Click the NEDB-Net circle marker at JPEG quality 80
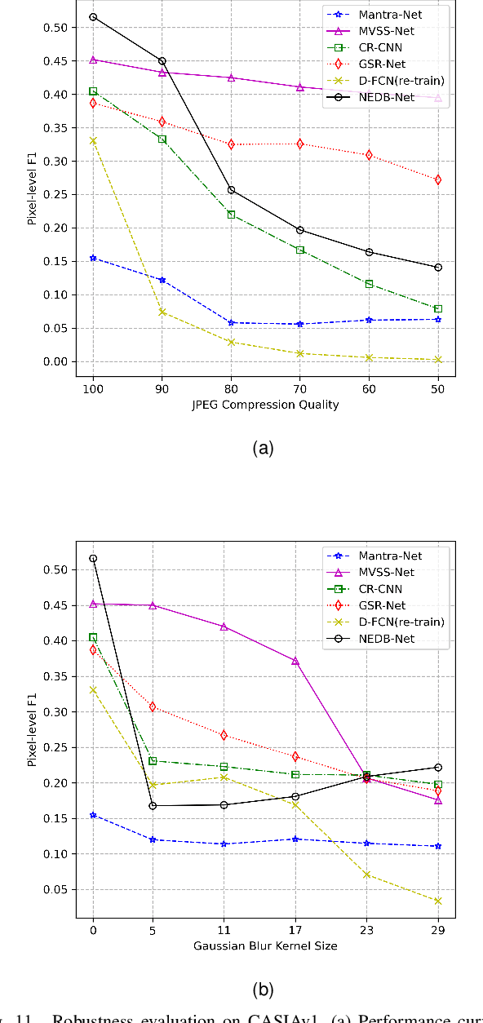tap(231, 190)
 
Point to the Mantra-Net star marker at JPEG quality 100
tap(93, 258)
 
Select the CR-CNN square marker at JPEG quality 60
tap(369, 284)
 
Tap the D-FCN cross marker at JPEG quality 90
tap(162, 312)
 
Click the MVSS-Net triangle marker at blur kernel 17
tap(295, 661)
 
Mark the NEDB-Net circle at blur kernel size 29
tap(438, 767)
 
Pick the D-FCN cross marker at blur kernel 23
tap(366, 875)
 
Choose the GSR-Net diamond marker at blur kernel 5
tap(153, 707)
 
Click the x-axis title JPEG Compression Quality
tap(265, 404)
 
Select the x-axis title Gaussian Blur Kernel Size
tap(265, 945)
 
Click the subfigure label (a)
tap(263, 448)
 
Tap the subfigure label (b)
tap(263, 990)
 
